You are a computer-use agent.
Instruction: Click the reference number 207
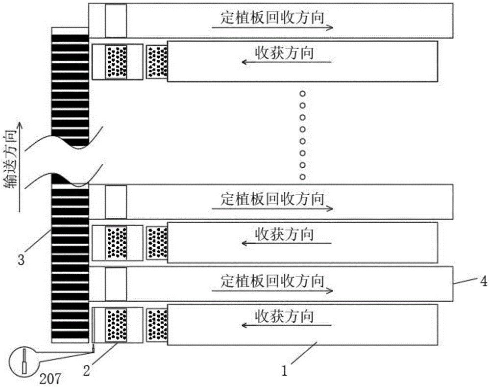click(50, 379)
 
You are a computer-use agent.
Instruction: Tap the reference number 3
click(21, 259)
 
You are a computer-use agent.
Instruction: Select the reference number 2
click(87, 371)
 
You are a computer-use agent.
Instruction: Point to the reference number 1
click(284, 371)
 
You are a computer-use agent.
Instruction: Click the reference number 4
click(484, 281)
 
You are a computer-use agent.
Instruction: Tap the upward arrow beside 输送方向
click(20, 167)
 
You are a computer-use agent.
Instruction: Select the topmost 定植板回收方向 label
click(272, 18)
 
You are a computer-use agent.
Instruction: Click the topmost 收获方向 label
click(284, 52)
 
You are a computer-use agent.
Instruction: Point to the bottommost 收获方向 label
click(284, 316)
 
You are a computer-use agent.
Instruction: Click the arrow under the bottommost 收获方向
click(286, 325)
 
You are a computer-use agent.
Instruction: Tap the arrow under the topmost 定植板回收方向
click(272, 27)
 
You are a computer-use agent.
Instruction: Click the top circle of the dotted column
click(302, 94)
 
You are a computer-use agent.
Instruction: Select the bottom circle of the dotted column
click(302, 177)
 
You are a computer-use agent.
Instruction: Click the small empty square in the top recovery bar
click(116, 21)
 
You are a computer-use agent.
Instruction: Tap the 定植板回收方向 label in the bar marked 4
click(272, 281)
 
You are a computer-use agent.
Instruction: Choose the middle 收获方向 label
click(284, 234)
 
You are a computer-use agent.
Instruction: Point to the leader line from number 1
click(304, 353)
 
